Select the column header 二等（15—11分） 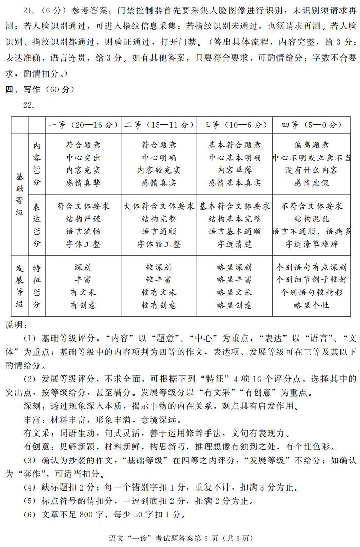159,125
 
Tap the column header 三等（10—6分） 235,125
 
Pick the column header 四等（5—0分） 312,125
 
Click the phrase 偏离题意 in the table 312,145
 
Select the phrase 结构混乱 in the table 312,219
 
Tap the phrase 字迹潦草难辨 312,244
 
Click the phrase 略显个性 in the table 312,305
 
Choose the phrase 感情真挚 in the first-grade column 83,182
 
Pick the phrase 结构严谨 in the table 83,219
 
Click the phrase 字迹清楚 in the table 235,244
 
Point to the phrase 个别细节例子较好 312,280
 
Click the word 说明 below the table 14,325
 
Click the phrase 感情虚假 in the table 312,182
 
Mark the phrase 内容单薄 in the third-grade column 235,170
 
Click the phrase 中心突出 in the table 83,158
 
